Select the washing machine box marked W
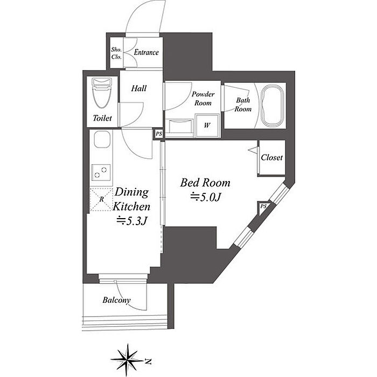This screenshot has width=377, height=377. [207, 125]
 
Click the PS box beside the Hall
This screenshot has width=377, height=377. [159, 134]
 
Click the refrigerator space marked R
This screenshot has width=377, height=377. [101, 200]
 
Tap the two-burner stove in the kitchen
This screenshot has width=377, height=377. [101, 172]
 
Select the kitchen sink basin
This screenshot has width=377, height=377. [102, 139]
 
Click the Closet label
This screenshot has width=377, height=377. [271, 157]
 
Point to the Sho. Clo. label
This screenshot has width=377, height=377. [116, 53]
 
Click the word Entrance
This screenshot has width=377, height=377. [146, 52]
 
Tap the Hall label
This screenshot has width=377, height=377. [139, 88]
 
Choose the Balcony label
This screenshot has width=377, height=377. [117, 300]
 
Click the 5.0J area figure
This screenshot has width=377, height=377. [206, 197]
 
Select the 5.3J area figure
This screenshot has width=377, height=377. [132, 221]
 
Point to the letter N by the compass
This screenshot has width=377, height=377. [148, 361]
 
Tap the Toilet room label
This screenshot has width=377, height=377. [102, 118]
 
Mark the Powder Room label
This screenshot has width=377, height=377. [203, 99]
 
